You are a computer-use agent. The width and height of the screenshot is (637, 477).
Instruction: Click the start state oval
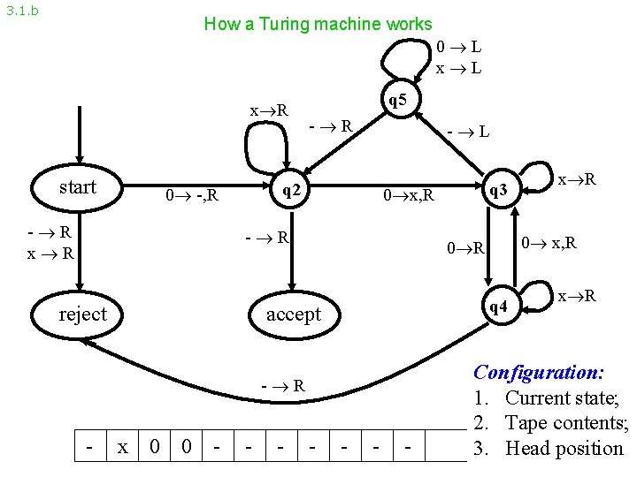(x=78, y=187)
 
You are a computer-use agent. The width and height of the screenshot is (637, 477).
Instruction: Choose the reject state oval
(x=82, y=314)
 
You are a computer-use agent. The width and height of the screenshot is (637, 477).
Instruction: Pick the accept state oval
(x=293, y=314)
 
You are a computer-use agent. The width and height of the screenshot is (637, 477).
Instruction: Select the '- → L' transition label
(x=468, y=132)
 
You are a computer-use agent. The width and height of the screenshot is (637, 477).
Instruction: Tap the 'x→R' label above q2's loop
(x=269, y=110)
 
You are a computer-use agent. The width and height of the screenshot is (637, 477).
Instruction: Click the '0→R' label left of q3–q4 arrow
(x=465, y=248)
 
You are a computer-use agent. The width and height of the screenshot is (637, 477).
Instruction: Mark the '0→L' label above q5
(x=458, y=46)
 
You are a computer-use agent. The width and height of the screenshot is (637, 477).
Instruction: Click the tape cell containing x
(x=122, y=448)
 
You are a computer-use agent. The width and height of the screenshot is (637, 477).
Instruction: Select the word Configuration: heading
(x=539, y=372)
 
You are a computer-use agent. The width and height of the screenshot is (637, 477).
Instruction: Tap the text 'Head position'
(x=564, y=448)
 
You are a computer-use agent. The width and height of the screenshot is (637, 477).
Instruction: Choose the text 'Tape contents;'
(x=567, y=423)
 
